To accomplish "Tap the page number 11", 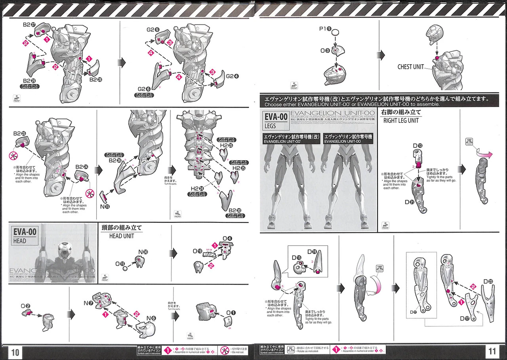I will pos(492,352).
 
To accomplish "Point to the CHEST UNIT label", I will pos(410,67).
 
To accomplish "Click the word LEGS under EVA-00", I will pos(271,126).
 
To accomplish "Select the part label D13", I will pos(417,146).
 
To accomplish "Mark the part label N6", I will pos(151,318).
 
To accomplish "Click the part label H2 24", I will pos(197,189).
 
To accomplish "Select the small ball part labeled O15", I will pos(125,268).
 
